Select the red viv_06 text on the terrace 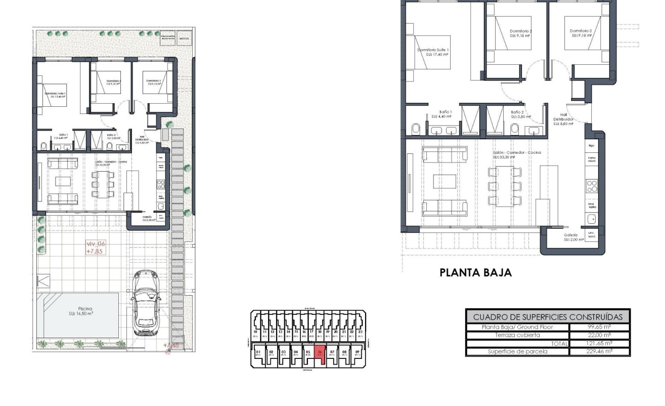(96, 243)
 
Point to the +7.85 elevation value (96, 251)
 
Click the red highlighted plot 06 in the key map (319, 352)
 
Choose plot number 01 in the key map (258, 352)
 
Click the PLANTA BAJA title (475, 273)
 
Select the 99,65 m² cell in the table (599, 327)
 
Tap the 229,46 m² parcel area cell (599, 351)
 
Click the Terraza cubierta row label (517, 335)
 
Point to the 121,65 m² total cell (599, 343)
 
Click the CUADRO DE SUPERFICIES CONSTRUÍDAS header (548, 317)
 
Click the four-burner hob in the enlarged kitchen (591, 186)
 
